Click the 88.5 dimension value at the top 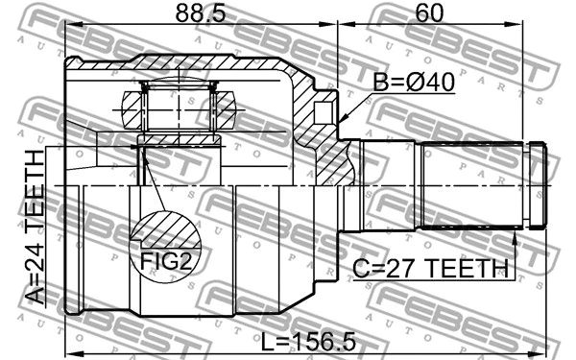200,14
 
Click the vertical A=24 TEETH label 36,227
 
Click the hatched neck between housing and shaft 331,158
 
